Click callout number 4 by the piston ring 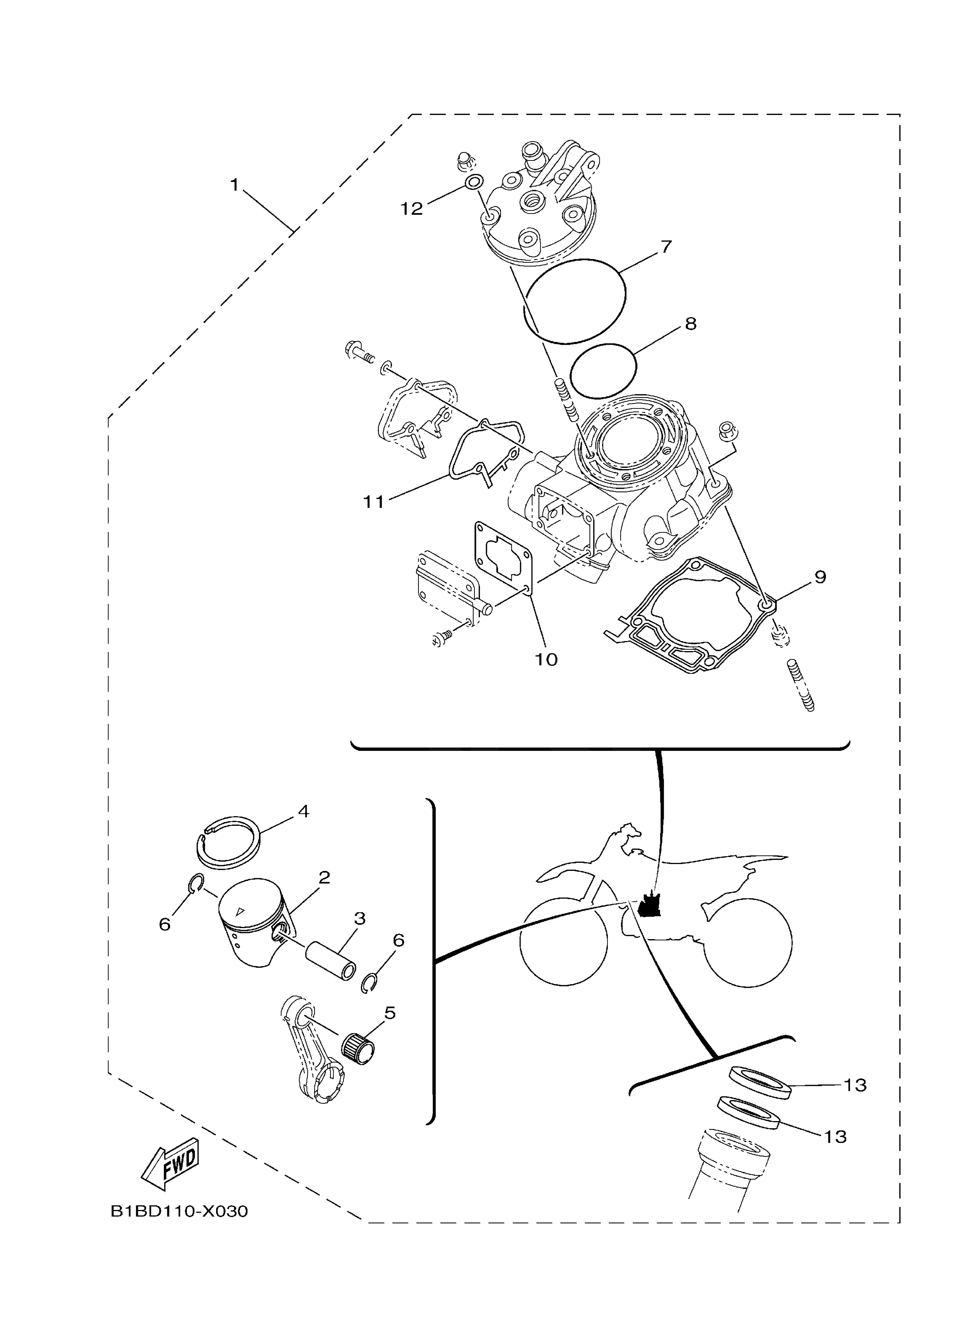(303, 811)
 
